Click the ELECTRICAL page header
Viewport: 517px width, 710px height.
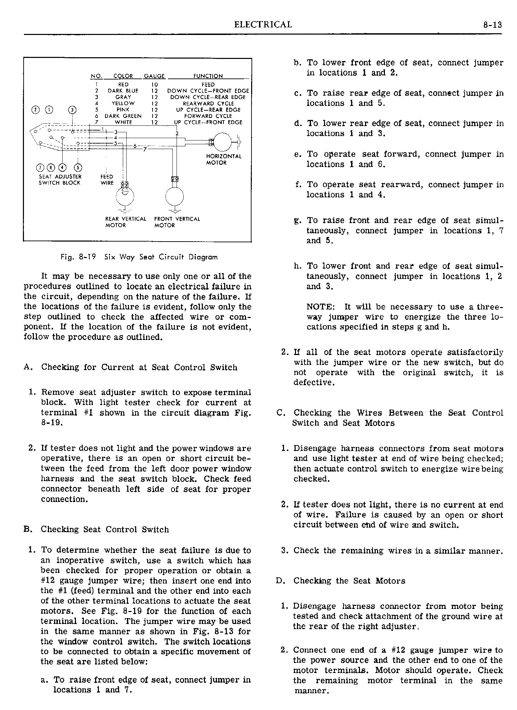[x=263, y=25]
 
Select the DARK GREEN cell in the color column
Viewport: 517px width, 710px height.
[x=123, y=116]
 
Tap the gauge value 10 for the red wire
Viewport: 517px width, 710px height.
[x=154, y=85]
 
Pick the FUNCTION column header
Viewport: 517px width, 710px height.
[x=208, y=76]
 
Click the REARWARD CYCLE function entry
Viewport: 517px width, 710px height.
[x=208, y=103]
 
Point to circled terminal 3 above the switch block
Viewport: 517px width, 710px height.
[x=73, y=110]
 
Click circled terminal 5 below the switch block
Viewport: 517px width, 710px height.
[x=78, y=167]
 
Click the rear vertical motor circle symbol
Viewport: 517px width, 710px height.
[x=125, y=197]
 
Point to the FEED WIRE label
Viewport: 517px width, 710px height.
[x=106, y=180]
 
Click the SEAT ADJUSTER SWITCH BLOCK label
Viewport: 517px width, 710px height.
[x=60, y=180]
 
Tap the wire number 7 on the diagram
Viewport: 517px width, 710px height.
[x=145, y=149]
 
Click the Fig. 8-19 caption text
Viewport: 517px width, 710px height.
[x=139, y=257]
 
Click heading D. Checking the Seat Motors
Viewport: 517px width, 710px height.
[x=341, y=581]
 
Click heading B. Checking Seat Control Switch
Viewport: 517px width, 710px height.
[x=96, y=529]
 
